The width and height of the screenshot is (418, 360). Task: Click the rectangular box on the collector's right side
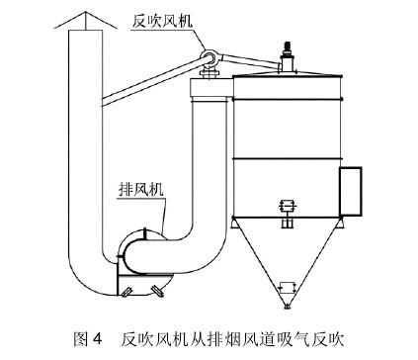pos(350,190)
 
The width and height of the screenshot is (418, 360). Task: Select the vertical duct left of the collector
pos(209,158)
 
